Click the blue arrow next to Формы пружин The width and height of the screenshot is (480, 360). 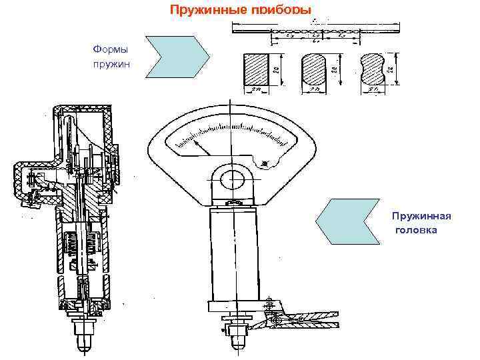click(177, 59)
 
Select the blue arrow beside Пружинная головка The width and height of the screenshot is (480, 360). click(347, 222)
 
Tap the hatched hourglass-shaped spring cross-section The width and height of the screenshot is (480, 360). click(372, 70)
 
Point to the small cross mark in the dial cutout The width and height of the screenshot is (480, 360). click(267, 163)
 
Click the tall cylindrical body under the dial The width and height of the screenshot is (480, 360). click(234, 253)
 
